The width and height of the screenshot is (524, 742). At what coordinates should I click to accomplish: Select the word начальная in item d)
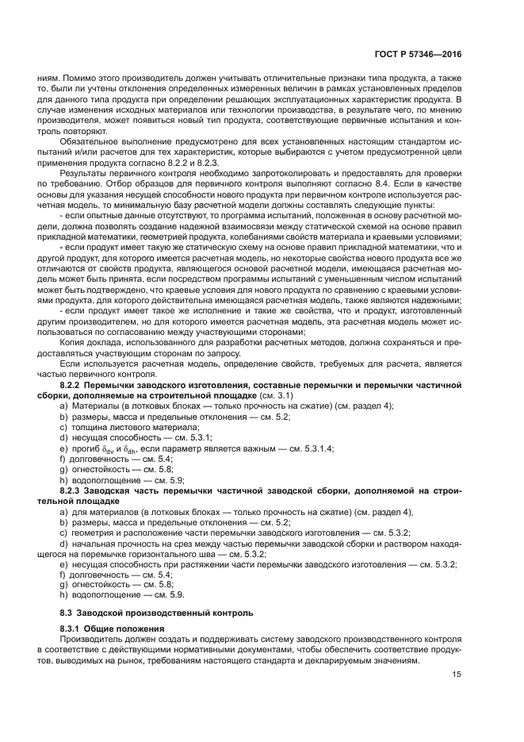(x=95, y=543)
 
